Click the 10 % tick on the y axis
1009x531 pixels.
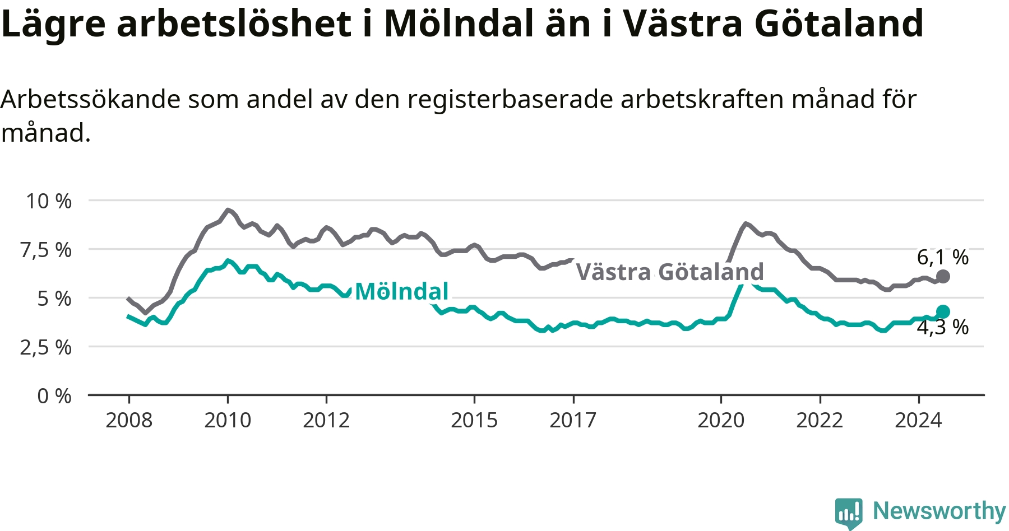(49, 201)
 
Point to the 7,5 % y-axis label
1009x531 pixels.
(46, 250)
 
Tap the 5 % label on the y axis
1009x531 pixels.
(54, 299)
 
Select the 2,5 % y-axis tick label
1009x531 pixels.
(46, 348)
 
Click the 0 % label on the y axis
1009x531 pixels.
(54, 396)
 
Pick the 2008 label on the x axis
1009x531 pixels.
(129, 420)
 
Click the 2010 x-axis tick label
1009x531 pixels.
(228, 420)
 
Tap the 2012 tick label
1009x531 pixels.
(326, 420)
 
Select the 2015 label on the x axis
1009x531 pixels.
(474, 420)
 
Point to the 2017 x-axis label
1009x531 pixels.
(573, 420)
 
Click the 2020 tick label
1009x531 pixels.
(721, 420)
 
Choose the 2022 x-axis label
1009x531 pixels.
(820, 420)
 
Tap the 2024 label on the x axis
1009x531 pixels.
(918, 420)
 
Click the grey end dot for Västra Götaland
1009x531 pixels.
(943, 276)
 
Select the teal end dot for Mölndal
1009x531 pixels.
(943, 311)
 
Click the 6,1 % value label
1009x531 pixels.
(943, 257)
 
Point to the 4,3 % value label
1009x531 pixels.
(943, 327)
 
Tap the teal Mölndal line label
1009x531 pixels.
(402, 291)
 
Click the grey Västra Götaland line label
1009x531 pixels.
(670, 272)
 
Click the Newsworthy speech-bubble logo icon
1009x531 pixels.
(849, 513)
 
